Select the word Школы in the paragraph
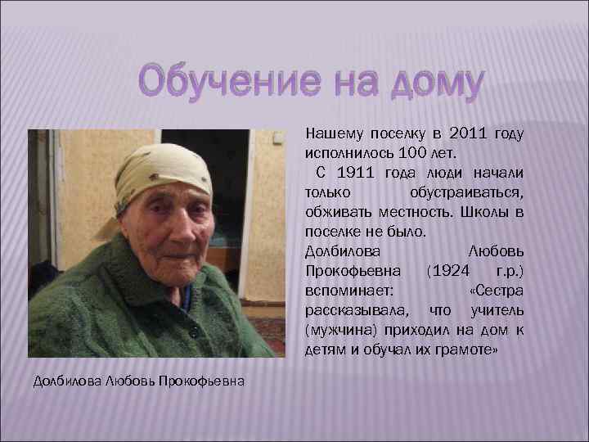[x=479, y=211]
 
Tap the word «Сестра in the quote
[x=497, y=291]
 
